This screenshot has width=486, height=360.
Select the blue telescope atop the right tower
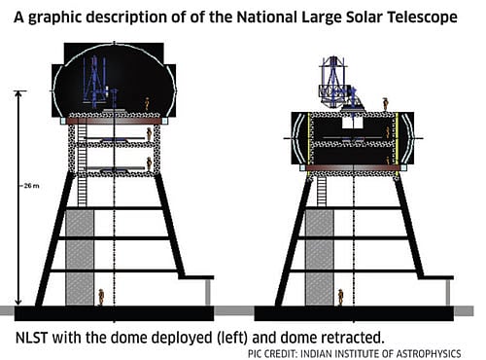333,81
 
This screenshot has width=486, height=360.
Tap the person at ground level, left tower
101,295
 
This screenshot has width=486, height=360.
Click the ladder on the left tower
82,184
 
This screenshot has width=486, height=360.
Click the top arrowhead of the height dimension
17,93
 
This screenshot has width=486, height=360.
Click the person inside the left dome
147,103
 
